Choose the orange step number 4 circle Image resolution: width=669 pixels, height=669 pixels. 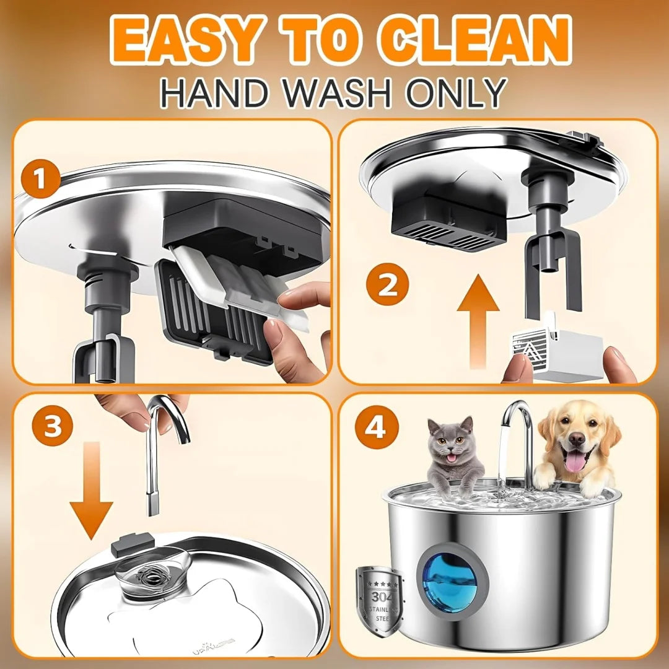375,427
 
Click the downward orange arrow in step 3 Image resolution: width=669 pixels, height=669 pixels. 91,489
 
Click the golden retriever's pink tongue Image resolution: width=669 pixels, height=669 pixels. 575,462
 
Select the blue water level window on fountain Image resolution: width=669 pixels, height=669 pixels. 448,582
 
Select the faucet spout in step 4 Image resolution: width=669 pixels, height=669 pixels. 520,434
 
